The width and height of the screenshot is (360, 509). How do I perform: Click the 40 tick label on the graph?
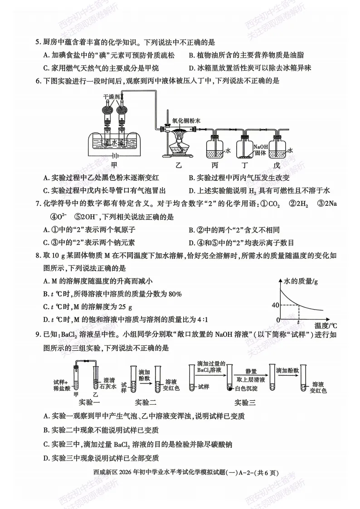(x=275, y=305)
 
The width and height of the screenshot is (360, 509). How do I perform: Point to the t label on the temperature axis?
(x=298, y=322)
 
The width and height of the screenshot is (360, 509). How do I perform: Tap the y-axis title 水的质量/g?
(x=301, y=281)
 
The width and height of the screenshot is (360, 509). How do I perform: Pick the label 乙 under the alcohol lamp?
(x=178, y=165)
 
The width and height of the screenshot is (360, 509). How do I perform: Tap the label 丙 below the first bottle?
(x=214, y=165)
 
